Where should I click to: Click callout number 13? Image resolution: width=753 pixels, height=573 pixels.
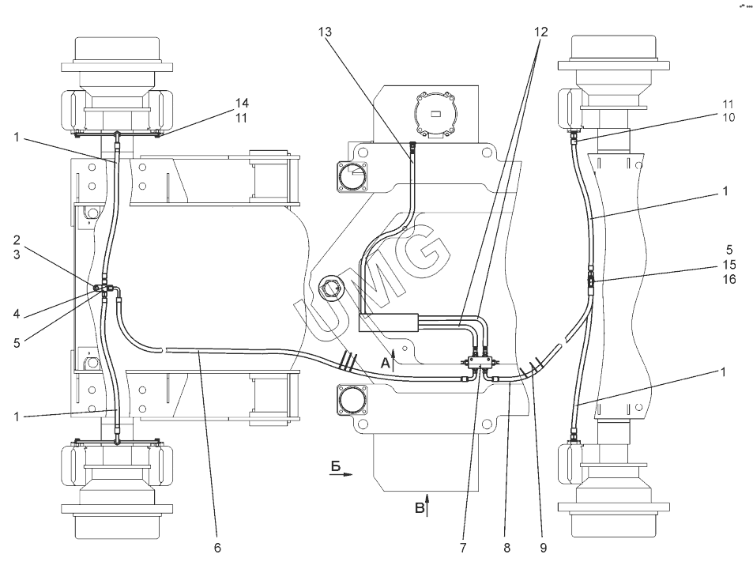325,32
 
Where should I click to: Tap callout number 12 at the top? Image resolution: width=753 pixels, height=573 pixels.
540,32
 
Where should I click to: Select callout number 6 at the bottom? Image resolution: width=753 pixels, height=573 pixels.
217,548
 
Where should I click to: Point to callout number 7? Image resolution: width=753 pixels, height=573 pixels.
463,548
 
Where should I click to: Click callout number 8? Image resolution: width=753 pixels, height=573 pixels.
507,548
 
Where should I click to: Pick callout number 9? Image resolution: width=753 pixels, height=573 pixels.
543,548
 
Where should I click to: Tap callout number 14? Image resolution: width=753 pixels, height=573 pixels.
242,103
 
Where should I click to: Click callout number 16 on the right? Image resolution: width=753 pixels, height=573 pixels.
729,279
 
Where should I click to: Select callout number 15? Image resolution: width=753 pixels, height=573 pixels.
729,265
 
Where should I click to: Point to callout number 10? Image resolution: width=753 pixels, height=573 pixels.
728,117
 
